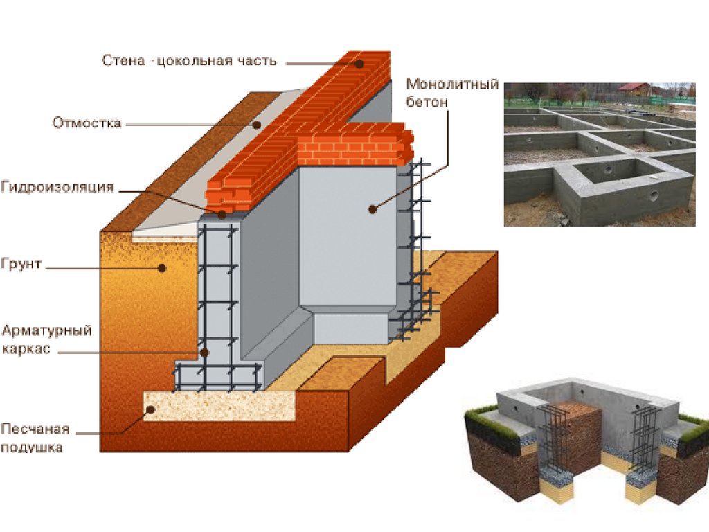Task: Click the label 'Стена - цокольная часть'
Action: coord(190,61)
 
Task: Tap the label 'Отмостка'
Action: coord(87,123)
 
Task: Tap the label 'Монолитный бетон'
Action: coord(452,93)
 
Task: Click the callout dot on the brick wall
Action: coord(360,63)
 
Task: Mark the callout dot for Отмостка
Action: coord(256,125)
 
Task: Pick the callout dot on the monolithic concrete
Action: coord(373,207)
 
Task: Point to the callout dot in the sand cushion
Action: coord(149,409)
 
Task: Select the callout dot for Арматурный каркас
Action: coord(206,352)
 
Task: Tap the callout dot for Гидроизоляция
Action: coord(222,214)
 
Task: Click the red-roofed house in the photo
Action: coord(635,89)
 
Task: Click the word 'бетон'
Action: coord(427,102)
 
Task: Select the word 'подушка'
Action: coord(32,447)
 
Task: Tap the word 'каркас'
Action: coord(26,349)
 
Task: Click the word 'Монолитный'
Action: coord(452,85)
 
